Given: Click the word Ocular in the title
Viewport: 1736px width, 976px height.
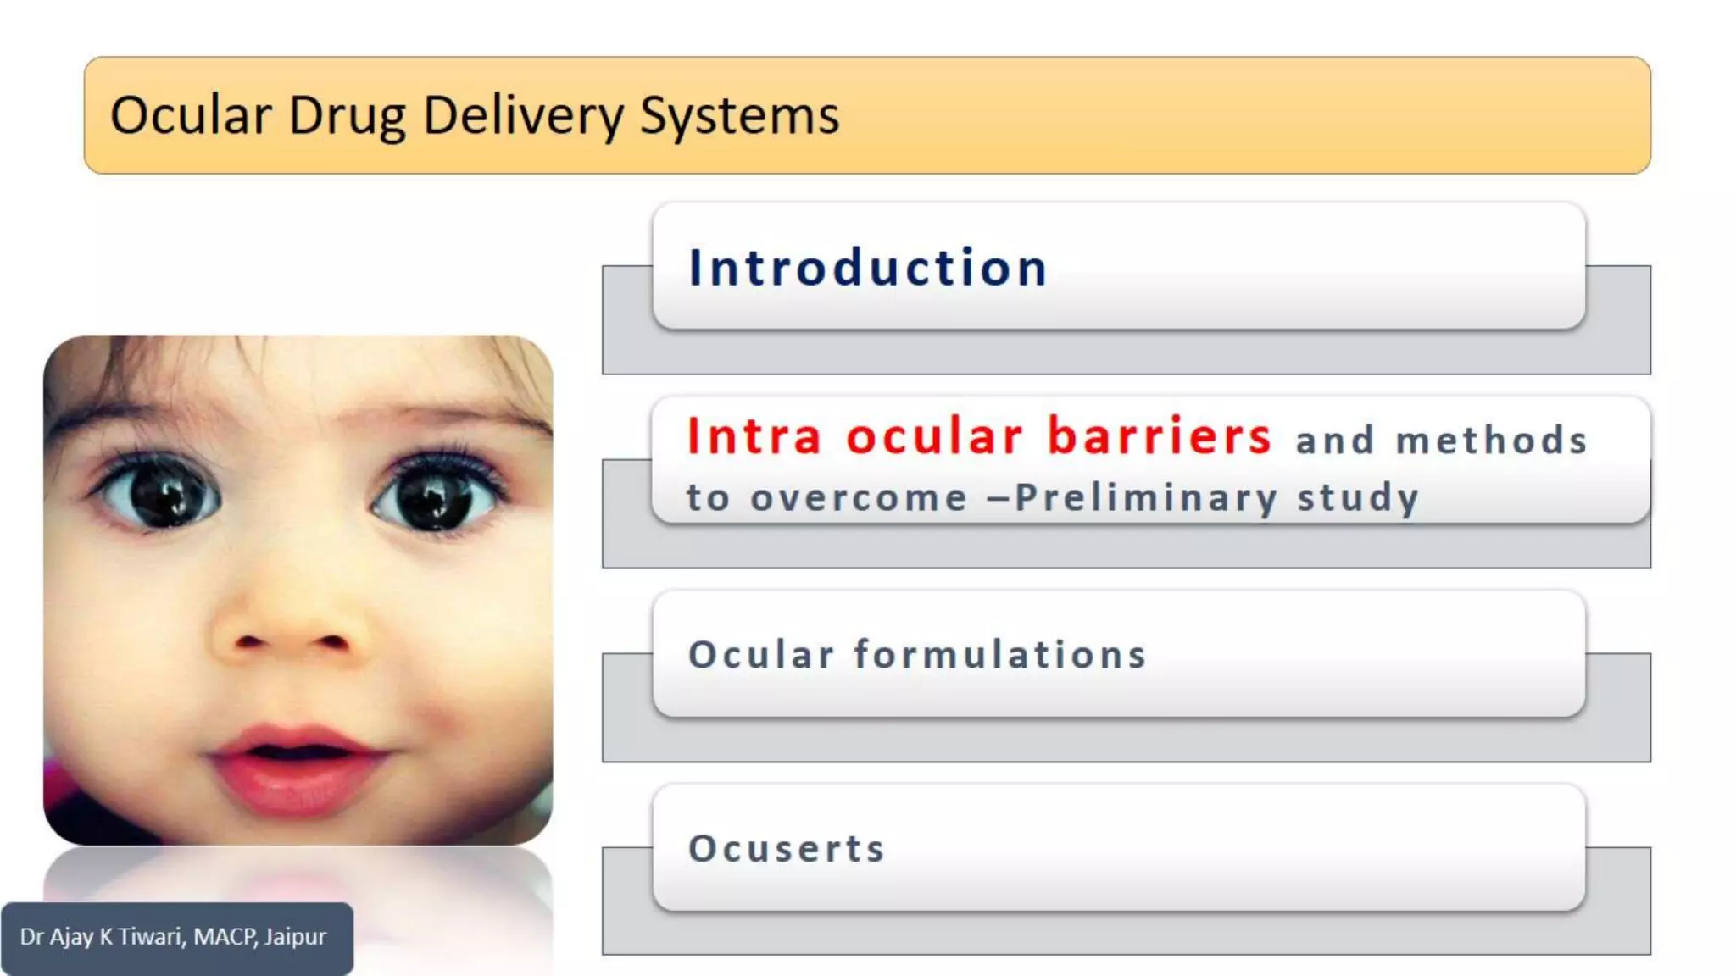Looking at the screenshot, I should click(x=191, y=115).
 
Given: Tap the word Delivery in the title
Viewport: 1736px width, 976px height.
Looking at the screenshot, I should click(x=523, y=116).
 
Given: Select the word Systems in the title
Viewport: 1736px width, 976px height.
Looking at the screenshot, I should click(x=739, y=115).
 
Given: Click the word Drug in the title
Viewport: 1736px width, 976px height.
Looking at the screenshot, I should click(x=347, y=117).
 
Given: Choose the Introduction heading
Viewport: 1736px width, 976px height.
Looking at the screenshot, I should click(x=868, y=268).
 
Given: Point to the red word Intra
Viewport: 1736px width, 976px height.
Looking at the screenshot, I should click(x=754, y=436).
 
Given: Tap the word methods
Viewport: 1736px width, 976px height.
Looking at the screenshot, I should click(x=1492, y=441).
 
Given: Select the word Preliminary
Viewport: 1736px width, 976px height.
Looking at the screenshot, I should click(x=1146, y=498).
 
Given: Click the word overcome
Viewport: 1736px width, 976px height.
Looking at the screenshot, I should click(x=859, y=498).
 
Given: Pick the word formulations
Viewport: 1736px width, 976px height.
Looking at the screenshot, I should click(x=1000, y=654).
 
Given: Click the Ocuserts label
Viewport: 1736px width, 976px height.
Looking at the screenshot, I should click(x=787, y=848).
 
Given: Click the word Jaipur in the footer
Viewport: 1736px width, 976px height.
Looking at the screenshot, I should click(x=295, y=937).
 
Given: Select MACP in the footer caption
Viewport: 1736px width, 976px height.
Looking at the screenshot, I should click(x=225, y=936).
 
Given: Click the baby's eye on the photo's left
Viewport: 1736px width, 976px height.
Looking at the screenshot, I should click(x=163, y=495).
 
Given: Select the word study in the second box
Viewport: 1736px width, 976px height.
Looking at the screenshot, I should click(x=1358, y=498).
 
